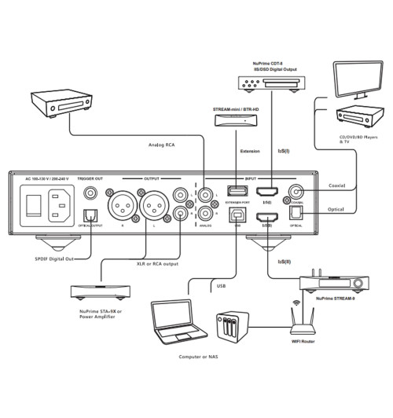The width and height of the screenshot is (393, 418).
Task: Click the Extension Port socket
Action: point(233,192)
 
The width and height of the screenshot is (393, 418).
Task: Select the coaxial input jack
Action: point(298,191)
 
